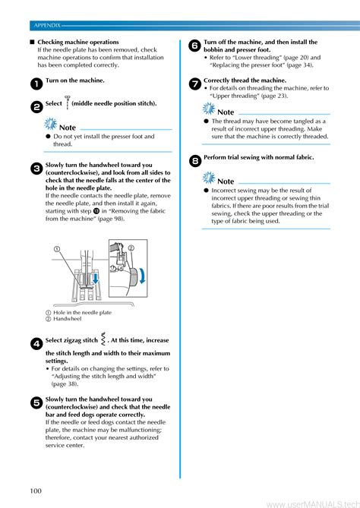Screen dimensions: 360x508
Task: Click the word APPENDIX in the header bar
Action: (47, 25)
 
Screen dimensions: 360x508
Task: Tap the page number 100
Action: (36, 491)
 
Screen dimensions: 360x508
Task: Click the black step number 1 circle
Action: (36, 84)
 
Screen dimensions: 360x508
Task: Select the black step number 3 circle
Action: (36, 169)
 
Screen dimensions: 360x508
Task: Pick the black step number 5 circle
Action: (36, 403)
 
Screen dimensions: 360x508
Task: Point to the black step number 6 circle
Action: (194, 46)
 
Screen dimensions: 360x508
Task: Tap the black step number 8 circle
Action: (194, 161)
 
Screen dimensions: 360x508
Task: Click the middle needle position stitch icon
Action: (67, 103)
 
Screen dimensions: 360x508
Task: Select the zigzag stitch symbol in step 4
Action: (103, 339)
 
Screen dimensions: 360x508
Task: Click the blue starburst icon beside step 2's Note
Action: (51, 124)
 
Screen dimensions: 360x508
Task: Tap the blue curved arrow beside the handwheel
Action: (142, 276)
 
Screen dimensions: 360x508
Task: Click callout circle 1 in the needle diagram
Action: (57, 249)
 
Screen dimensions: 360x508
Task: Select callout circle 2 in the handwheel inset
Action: (131, 248)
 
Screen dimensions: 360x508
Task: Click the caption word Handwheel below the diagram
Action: (67, 319)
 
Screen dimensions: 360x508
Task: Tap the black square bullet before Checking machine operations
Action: (32, 42)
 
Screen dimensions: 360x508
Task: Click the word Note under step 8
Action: (226, 181)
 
